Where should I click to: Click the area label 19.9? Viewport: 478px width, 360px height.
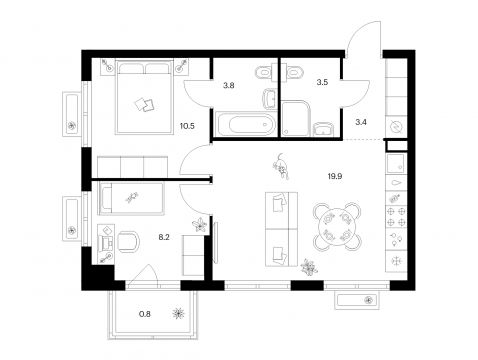335,176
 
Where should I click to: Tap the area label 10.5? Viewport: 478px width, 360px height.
187,126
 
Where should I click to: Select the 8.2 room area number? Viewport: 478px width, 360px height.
164,237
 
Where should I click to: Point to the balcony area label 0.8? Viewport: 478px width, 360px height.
145,314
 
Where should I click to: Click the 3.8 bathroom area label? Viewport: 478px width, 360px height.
229,85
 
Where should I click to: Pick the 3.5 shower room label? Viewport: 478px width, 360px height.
322,82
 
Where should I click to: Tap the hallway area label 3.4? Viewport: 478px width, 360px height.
361,122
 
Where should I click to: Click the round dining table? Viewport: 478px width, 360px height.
337,226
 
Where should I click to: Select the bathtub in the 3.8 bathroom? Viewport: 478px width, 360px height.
246,125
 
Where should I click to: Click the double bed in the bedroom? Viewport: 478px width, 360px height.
144,97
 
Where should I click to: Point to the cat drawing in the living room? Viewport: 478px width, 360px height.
281,166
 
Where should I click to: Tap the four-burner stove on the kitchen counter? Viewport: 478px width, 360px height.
396,216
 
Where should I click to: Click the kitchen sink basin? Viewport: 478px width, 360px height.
396,163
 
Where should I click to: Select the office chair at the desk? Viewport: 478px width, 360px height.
127,241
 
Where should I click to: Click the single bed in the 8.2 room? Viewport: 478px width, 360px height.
131,198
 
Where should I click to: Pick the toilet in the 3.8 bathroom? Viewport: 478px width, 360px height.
264,72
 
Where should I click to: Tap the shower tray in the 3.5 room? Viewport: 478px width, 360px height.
296,118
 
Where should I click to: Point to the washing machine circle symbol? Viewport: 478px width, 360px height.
397,127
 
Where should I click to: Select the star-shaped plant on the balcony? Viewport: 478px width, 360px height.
179,314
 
